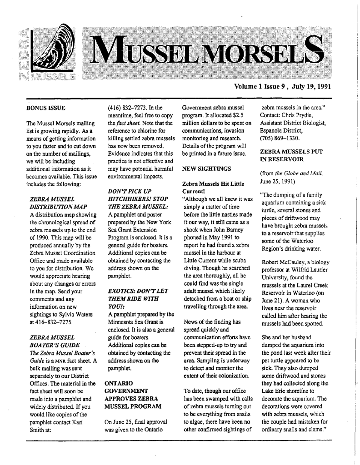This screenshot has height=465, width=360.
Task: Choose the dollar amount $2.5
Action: [235, 115]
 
